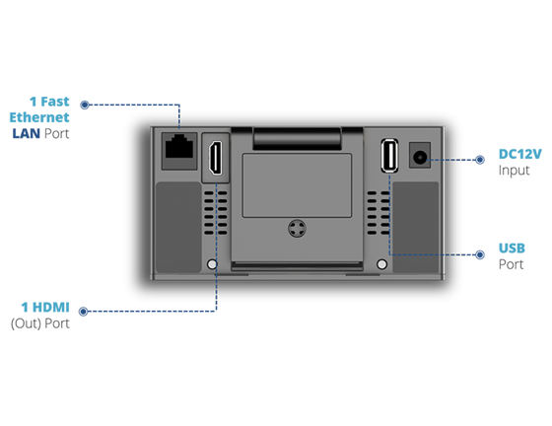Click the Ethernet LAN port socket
point(179,147)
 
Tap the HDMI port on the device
point(216,158)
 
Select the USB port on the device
point(389,156)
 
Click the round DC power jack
point(420,157)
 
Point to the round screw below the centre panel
point(297,229)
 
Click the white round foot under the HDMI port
point(212,264)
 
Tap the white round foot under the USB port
point(382,264)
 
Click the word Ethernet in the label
point(39,117)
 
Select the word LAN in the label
point(26,133)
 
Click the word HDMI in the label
point(51,307)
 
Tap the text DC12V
point(520,154)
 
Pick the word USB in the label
point(512,248)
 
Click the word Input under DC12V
point(514,171)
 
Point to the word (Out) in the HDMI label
point(26,323)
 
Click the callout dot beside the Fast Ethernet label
point(85,105)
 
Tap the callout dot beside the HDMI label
point(83,312)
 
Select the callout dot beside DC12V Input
point(479,160)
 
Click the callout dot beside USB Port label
point(479,254)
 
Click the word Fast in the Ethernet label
point(55,102)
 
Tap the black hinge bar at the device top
point(297,138)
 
